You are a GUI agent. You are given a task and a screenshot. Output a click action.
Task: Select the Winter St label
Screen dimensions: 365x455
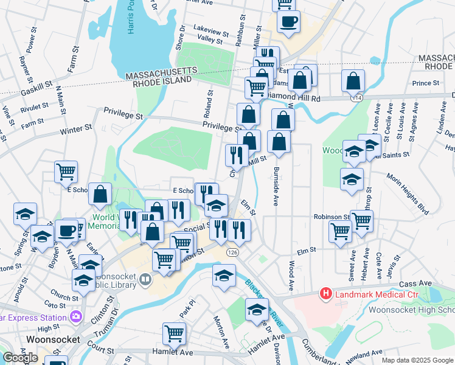(76, 130)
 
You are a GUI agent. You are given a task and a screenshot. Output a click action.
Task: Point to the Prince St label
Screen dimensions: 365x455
(425, 83)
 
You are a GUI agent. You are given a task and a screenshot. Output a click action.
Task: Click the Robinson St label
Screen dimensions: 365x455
(332, 217)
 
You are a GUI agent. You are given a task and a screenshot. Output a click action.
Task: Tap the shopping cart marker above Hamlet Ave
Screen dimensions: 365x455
(174, 333)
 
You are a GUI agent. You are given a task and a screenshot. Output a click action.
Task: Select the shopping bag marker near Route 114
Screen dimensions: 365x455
(353, 81)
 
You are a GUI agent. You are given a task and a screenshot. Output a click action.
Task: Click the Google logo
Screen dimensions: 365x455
(21, 358)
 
